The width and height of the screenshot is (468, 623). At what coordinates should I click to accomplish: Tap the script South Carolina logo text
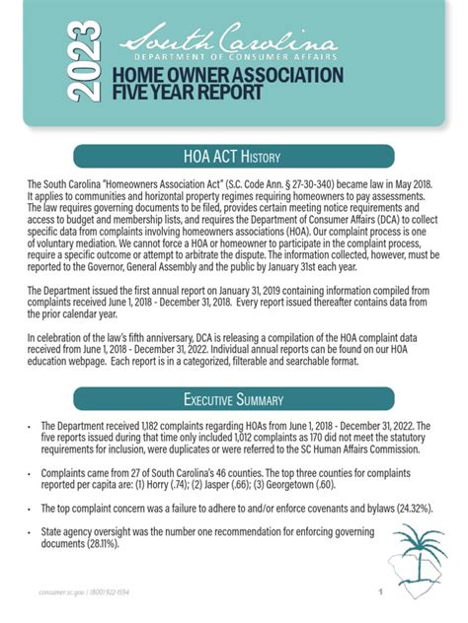click(228, 41)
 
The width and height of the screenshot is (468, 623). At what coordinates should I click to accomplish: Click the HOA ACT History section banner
click(233, 156)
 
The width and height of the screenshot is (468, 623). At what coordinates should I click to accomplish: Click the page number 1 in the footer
click(380, 593)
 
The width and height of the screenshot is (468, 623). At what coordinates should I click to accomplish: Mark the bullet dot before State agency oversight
click(31, 533)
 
